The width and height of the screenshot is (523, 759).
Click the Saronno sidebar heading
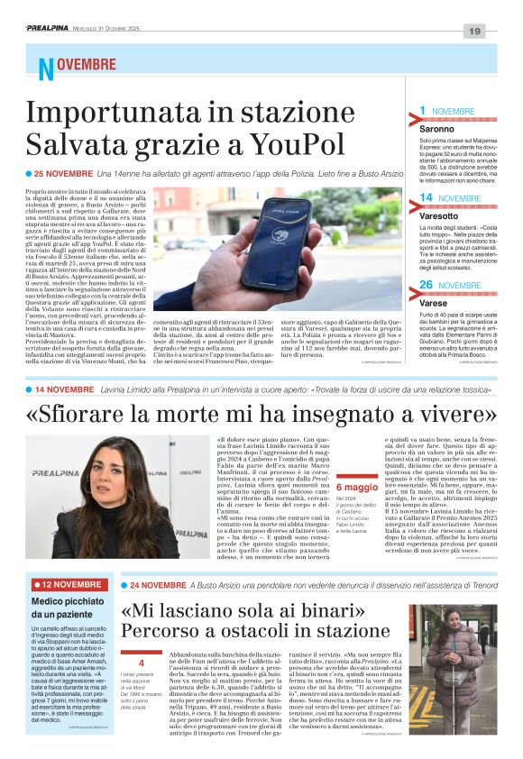click(x=437, y=130)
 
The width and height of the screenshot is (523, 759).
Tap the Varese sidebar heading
click(x=434, y=304)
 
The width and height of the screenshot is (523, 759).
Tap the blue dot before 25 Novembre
click(x=29, y=173)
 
